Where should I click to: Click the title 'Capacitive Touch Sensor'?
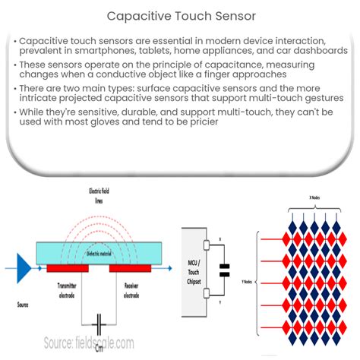180,14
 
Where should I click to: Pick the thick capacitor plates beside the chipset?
223,270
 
